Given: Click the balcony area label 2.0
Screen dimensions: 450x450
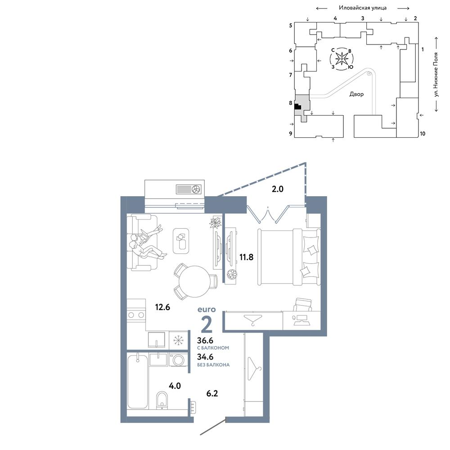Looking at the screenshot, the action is pos(277,189).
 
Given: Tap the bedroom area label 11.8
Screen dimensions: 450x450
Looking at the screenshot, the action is pos(246,257).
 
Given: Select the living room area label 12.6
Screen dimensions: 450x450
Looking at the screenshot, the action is pos(162,307).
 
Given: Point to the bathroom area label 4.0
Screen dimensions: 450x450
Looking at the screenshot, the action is pos(175,386).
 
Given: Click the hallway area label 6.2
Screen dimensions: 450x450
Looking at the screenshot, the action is pos(212,393).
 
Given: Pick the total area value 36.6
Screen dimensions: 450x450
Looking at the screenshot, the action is pos(205,340).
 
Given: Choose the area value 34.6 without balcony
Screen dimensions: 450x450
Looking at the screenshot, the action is pos(205,357).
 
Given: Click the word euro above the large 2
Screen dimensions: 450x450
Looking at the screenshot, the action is pos(207,310).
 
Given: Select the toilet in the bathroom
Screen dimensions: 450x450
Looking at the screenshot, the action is pos(162,400).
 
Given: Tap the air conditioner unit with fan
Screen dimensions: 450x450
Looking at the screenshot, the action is pos(189,189).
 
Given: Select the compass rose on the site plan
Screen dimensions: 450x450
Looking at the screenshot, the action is pos(342,59).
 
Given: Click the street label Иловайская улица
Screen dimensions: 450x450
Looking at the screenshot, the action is pos(362,8).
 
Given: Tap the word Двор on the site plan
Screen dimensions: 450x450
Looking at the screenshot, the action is pos(356,94).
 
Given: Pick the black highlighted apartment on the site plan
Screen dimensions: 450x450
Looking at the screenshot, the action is pos(297,107).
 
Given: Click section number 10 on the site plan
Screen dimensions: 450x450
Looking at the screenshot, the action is pos(423,134).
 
